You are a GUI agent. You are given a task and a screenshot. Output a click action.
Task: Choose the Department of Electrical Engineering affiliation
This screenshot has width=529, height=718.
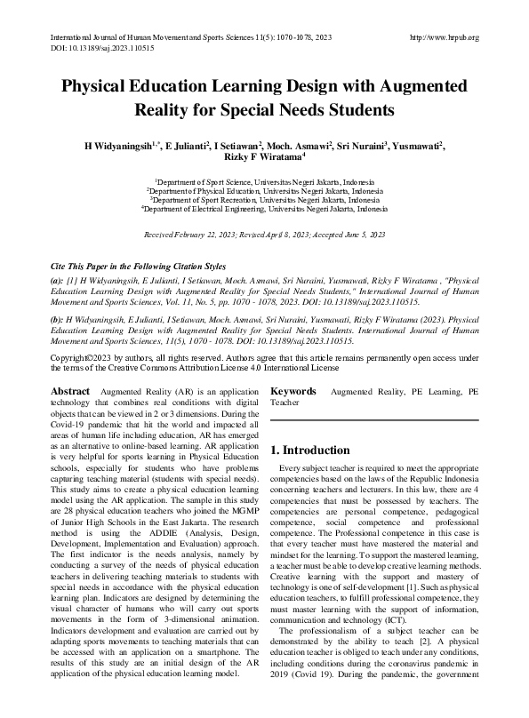pyautogui.click(x=265, y=210)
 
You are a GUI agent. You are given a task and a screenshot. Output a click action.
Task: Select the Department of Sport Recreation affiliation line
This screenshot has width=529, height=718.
pyautogui.click(x=265, y=200)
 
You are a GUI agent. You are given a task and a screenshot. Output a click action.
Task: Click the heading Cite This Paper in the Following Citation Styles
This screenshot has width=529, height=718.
pyautogui.click(x=138, y=267)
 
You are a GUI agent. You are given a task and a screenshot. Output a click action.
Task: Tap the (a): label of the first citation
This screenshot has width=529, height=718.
pyautogui.click(x=57, y=281)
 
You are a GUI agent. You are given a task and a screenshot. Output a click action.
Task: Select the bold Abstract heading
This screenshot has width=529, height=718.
pyautogui.click(x=69, y=391)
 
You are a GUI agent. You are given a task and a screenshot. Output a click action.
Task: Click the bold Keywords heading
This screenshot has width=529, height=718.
pyautogui.click(x=293, y=391)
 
